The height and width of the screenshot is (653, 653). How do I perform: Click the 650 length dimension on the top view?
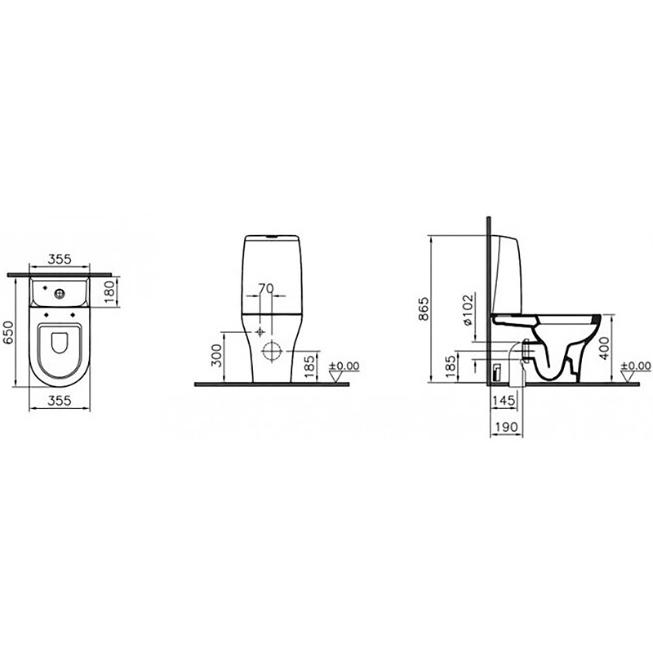(9, 332)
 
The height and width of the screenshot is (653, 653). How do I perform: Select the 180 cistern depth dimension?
(109, 292)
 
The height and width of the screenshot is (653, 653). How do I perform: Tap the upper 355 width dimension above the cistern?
(60, 259)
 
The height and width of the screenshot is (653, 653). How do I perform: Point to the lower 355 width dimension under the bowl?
(60, 401)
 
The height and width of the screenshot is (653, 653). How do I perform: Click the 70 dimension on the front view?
(266, 288)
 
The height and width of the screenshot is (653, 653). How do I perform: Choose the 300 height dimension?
(216, 356)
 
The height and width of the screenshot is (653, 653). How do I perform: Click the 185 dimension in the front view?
(309, 366)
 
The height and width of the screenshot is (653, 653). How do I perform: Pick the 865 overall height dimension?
(424, 309)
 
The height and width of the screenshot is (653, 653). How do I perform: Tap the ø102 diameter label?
(468, 310)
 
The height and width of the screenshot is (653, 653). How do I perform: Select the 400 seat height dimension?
(604, 348)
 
